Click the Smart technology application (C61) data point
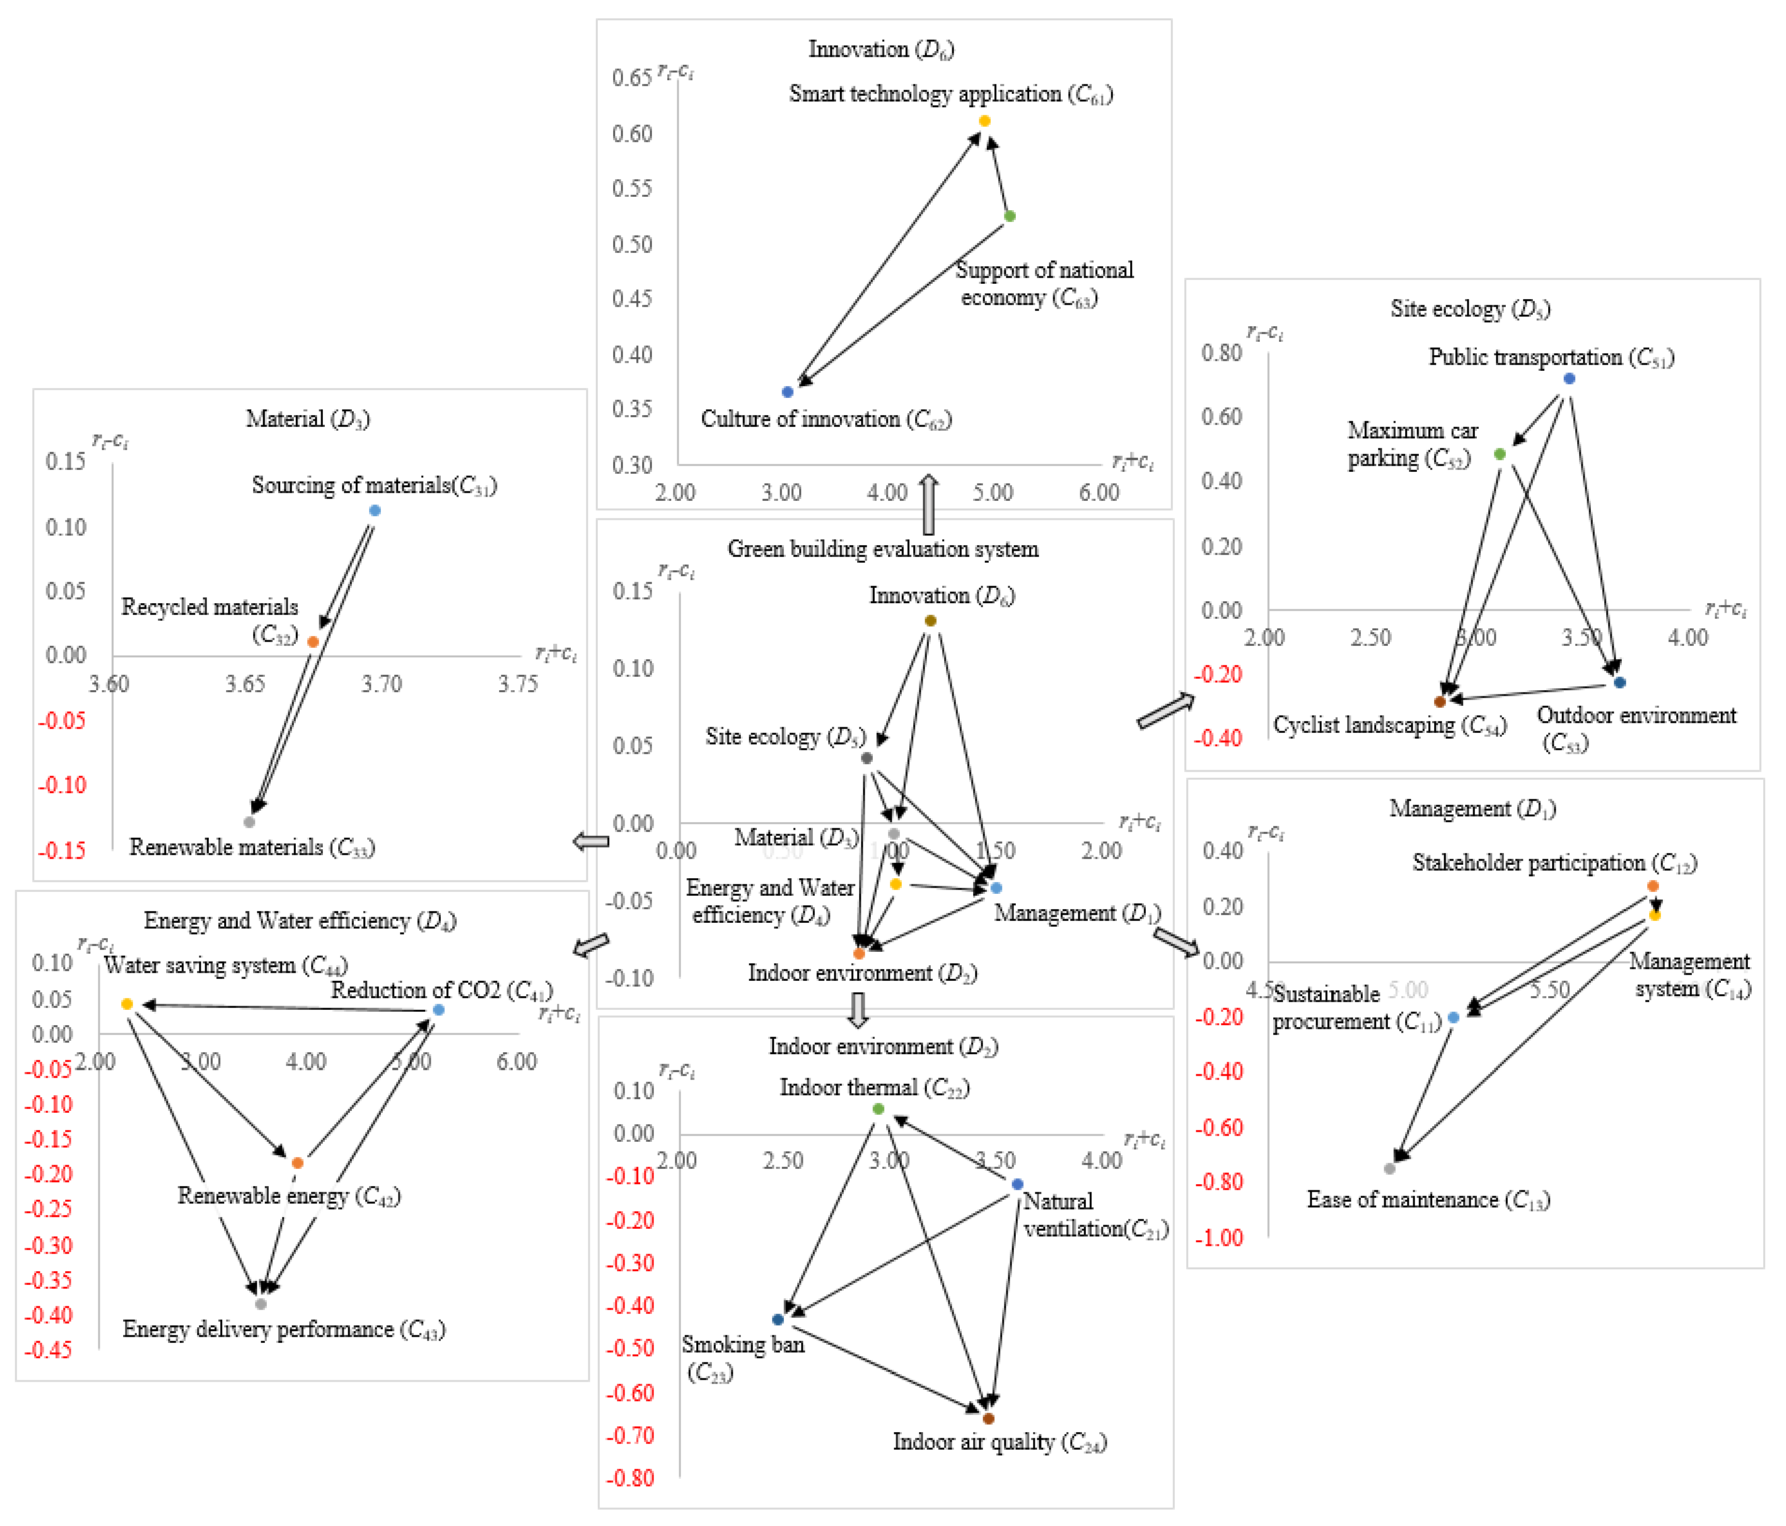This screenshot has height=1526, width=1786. point(984,121)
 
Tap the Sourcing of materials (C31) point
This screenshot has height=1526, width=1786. point(375,510)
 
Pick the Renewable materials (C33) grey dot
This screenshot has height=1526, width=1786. point(249,822)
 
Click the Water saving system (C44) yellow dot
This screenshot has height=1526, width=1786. point(127,1003)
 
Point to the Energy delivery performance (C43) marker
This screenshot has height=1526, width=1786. point(260,1304)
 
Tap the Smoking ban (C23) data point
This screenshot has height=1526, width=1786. point(778,1319)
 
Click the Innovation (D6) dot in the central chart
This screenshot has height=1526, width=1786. point(930,621)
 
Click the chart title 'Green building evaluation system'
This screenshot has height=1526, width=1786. point(883,549)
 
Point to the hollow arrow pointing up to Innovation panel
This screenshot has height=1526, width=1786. point(928,504)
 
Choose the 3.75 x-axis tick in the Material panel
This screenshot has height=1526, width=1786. point(517,684)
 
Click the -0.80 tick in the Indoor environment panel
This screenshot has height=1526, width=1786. point(630,1478)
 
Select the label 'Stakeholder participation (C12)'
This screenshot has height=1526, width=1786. point(1554,863)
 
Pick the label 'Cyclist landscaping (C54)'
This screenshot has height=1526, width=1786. point(1389,726)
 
